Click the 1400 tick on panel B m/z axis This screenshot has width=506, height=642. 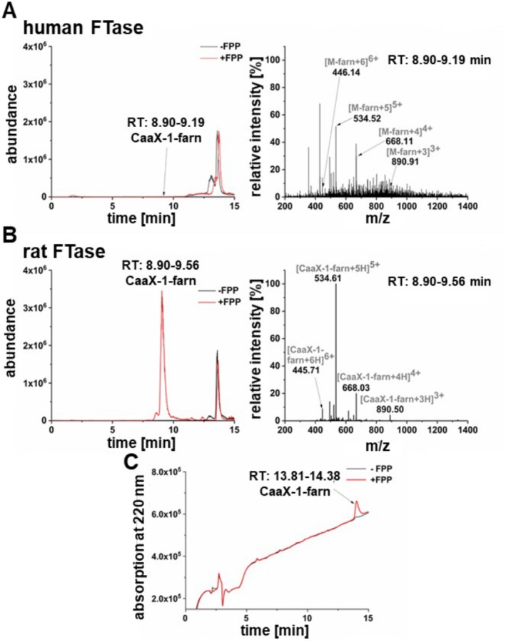point(467,432)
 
